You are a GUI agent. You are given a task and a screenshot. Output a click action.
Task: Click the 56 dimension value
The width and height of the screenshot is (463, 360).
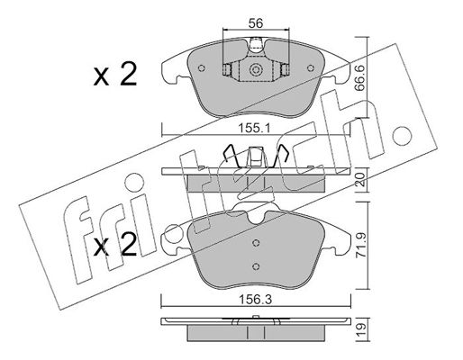256,22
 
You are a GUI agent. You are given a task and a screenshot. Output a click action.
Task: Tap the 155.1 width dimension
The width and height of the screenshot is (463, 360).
255,129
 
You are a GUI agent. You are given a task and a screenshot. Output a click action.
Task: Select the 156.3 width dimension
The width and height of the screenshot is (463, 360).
255,300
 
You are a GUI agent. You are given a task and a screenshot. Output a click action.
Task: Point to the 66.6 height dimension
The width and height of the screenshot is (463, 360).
359,78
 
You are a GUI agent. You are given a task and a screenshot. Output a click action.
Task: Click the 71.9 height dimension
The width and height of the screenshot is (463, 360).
360,245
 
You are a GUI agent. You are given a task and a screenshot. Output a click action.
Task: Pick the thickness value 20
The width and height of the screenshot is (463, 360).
360,180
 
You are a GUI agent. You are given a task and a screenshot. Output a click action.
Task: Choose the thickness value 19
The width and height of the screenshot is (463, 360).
360,329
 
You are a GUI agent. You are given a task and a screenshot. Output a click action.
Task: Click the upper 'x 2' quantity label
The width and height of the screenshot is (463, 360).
115,74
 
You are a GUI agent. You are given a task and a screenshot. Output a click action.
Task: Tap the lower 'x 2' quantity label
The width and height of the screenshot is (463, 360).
115,245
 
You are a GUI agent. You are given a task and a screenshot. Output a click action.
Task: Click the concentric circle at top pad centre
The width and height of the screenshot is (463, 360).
256,70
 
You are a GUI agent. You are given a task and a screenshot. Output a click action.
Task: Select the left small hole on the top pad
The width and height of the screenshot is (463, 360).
202,68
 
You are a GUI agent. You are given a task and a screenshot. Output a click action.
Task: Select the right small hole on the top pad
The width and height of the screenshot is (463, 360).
311,68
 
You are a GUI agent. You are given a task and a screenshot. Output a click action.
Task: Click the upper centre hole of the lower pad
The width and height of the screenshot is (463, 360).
256,243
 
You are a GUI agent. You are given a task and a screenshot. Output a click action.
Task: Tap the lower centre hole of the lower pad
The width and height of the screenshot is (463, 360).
256,265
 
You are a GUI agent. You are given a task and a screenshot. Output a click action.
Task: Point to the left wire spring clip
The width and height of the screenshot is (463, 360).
231,156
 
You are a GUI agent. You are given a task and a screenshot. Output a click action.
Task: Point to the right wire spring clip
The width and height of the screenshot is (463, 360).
280,156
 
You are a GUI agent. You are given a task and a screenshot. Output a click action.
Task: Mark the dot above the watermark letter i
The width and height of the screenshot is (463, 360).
134,183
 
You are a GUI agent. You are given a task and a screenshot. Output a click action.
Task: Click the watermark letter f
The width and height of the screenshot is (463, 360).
78,240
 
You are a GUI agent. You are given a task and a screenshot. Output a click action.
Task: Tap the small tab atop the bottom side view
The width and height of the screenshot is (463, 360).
256,317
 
